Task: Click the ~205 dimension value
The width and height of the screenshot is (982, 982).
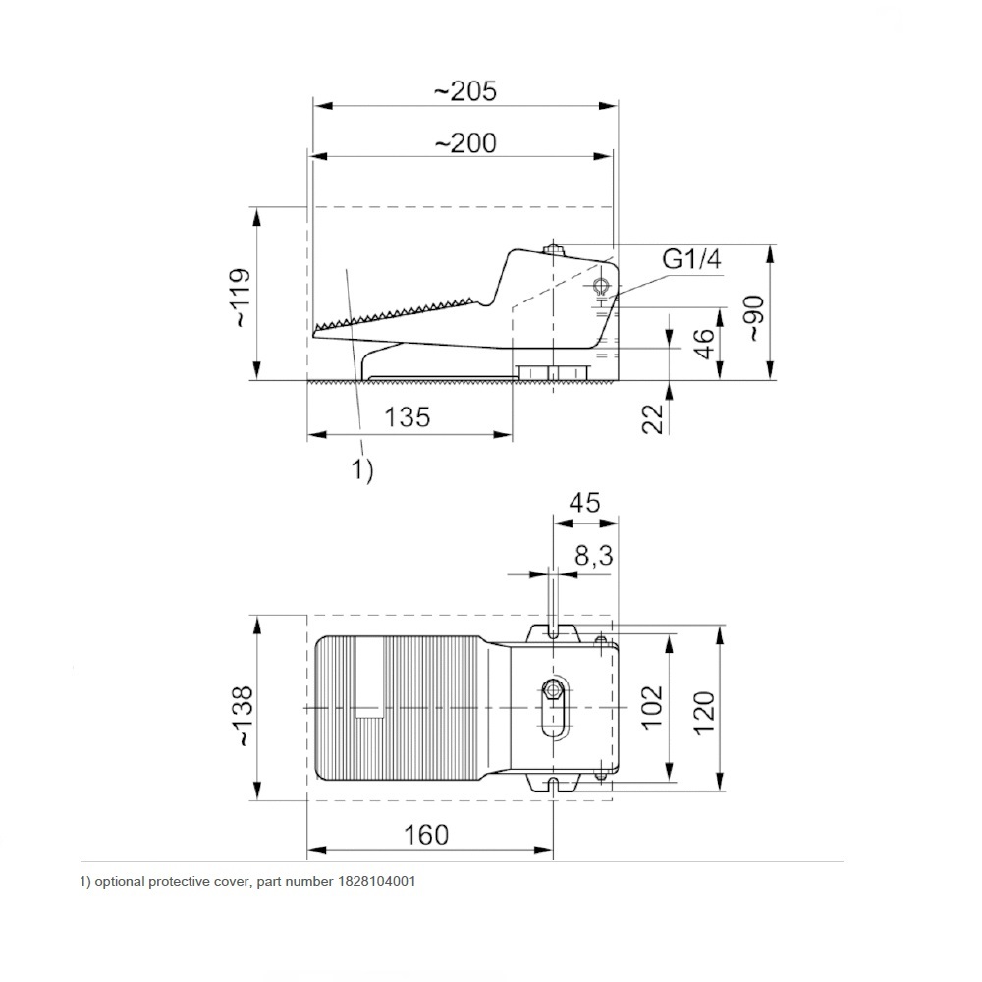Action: point(465,91)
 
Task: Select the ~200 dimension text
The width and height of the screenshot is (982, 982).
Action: point(465,143)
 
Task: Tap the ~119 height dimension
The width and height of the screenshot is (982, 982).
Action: point(241,298)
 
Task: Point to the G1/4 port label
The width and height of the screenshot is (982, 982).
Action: point(692,258)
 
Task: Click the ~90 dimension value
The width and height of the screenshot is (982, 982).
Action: point(754,318)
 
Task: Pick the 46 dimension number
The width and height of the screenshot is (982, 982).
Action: point(704,343)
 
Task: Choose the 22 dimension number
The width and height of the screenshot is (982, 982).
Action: point(653,418)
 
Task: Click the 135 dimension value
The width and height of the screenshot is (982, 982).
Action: point(408,417)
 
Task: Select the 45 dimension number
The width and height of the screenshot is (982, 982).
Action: point(584,503)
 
